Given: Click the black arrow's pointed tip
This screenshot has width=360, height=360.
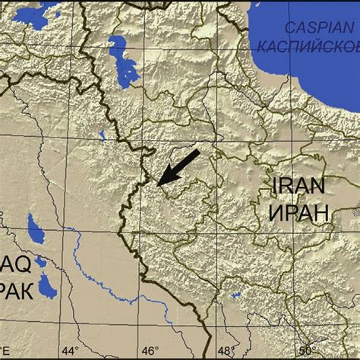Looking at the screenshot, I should pos(158,183).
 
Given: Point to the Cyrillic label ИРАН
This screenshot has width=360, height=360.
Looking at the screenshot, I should pos(298,211).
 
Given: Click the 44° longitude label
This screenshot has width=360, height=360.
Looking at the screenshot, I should pos(70,351).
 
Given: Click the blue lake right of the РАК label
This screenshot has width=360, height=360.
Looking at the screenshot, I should pos(48,284).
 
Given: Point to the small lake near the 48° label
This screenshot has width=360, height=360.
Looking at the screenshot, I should pos(236,295).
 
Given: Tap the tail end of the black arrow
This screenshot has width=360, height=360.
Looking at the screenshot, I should pos(198,152).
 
